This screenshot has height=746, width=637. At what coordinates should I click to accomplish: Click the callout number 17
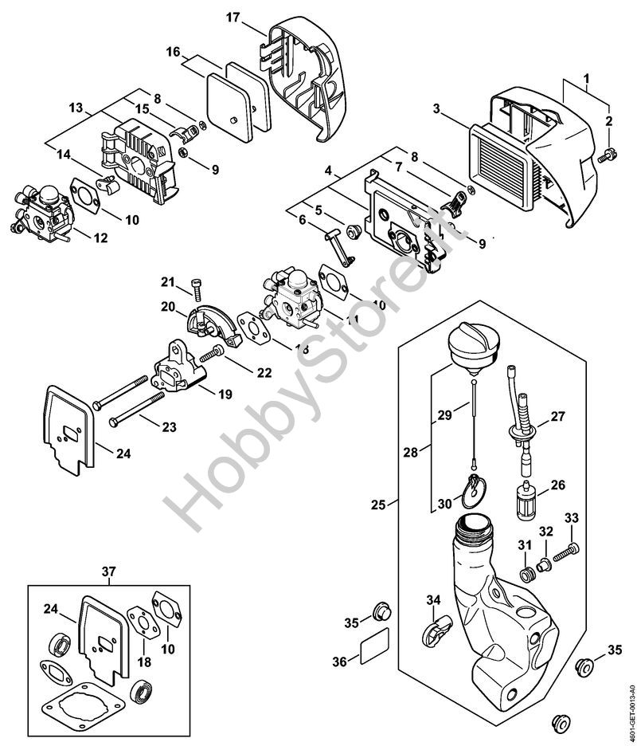pos(232,17)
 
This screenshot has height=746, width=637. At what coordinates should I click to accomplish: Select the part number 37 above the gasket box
pos(109,571)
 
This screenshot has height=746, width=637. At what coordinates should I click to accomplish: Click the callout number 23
pos(169,427)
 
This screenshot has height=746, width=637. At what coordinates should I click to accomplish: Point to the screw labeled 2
pos(608,154)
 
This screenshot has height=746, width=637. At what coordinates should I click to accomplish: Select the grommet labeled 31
pos(525,573)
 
